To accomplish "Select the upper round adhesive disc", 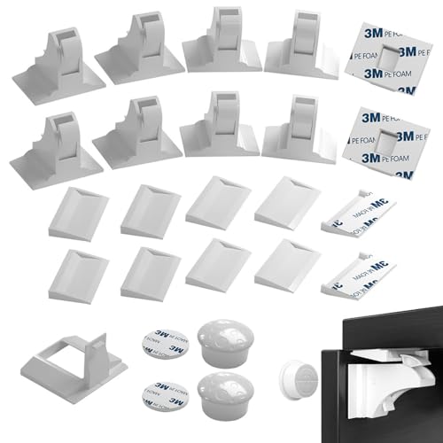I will [164, 340].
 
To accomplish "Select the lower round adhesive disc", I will [164, 390].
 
